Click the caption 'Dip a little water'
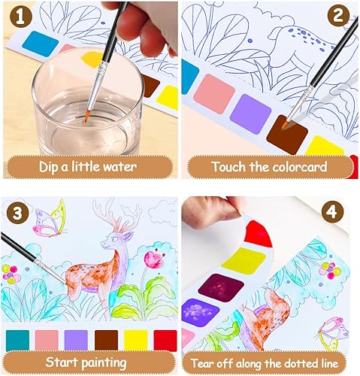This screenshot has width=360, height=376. coord(89,166)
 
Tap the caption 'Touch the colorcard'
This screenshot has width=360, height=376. coord(268,166)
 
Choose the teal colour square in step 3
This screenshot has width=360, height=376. coord(17,340)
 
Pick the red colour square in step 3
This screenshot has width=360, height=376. coord(165,340)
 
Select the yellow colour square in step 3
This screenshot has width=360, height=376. coord(135,340)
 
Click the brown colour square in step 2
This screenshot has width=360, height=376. coord(289,133)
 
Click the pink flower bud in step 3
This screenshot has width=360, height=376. coord(154,259)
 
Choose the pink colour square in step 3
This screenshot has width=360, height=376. coord(47,340)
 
